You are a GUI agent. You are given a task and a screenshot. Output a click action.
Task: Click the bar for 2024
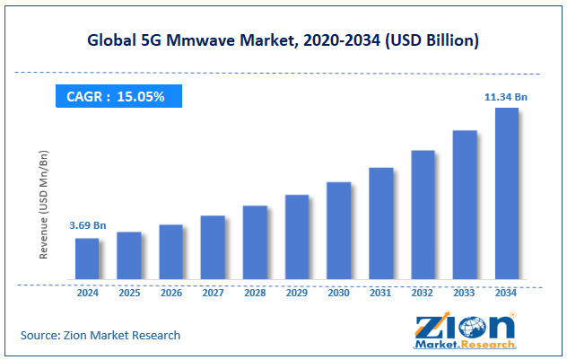[87, 259]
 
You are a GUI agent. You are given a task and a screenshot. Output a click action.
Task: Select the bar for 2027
[213, 247]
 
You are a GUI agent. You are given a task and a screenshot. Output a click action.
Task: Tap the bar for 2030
[338, 231]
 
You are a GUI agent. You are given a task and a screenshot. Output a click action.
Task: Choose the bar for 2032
[423, 215]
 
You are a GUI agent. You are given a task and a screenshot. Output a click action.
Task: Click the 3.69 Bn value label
[87, 226]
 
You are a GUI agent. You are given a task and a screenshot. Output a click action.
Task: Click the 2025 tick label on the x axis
[129, 293]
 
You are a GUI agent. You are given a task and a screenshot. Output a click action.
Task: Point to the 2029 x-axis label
[297, 293]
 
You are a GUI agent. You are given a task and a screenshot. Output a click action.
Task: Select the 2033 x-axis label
[465, 293]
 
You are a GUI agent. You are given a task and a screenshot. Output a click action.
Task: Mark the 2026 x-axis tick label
[170, 293]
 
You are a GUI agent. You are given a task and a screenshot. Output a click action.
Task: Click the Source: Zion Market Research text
[100, 335]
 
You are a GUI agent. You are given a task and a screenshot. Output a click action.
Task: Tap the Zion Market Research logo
[465, 330]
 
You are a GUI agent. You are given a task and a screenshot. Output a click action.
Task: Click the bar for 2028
[255, 242]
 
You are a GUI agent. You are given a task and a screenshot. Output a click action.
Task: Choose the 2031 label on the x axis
[380, 293]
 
